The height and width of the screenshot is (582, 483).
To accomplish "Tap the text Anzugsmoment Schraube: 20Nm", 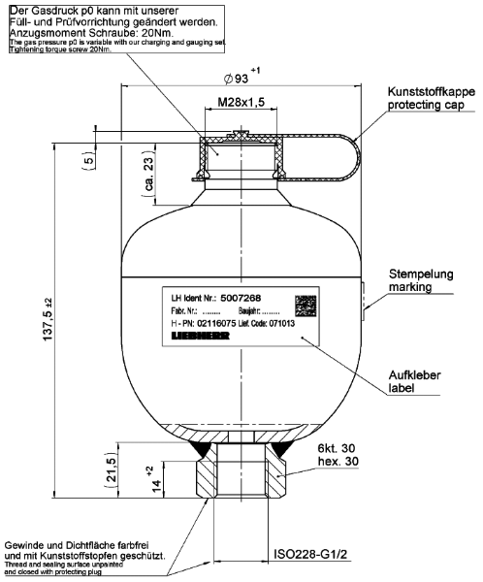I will click(78, 31).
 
